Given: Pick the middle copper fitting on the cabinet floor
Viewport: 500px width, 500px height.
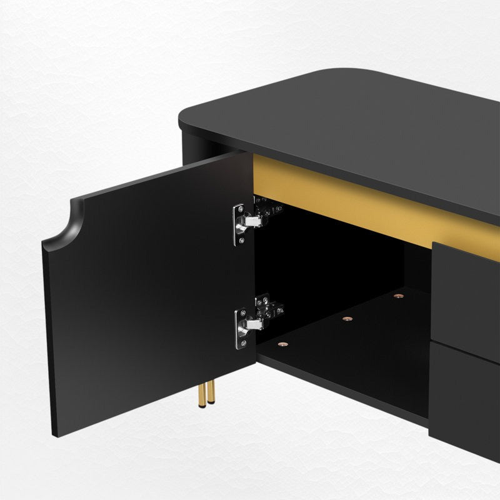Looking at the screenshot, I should coord(347,319).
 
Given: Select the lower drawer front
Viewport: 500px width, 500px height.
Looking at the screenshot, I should coord(466,400).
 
